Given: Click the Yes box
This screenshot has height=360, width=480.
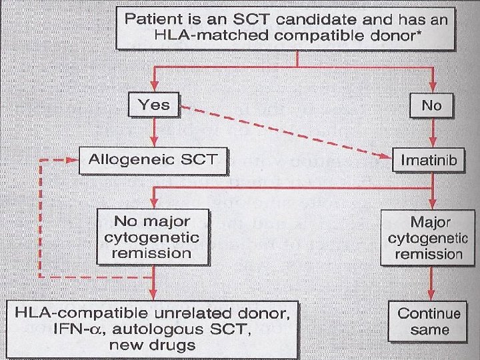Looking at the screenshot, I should coord(154,104).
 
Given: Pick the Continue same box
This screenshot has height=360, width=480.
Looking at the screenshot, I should coord(429,321).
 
